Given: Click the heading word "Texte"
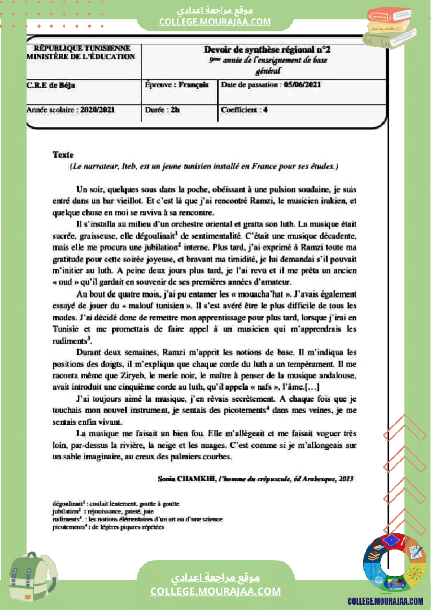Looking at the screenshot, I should coord(63,154).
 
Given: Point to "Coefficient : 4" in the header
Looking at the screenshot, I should coord(244,110).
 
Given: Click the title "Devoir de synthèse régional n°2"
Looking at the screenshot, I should coord(267,50).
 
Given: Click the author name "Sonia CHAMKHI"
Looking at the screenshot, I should coord(187,478).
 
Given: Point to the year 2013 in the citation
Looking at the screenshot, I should coord(346,478).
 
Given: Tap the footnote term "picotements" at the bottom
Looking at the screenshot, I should coord(69,527).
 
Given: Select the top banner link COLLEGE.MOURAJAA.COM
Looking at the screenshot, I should coord(215,21).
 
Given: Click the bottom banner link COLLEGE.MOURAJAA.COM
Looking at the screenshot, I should coord(215,591).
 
